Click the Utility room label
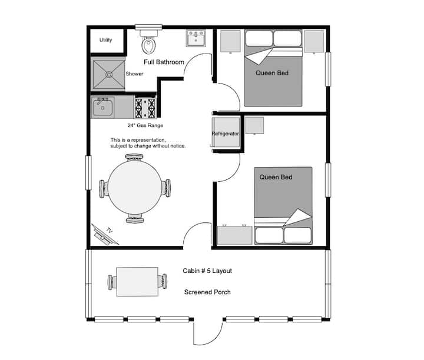[x=105, y=40]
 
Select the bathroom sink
[x=196, y=39]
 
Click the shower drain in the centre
[x=109, y=75]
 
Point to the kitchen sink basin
[x=102, y=108]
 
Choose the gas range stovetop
[x=145, y=108]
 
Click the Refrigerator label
[x=225, y=134]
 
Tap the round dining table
[x=135, y=187]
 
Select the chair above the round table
[x=134, y=157]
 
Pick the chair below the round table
[x=135, y=218]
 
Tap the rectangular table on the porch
[x=137, y=282]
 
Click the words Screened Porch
[x=207, y=292]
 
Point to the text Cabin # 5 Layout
[x=207, y=271]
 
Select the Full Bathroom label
[x=164, y=62]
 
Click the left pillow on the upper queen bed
[x=259, y=38]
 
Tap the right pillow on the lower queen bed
[x=298, y=235]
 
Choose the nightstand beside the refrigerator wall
[x=254, y=125]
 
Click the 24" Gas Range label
[x=145, y=125]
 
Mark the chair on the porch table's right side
[x=163, y=282]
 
